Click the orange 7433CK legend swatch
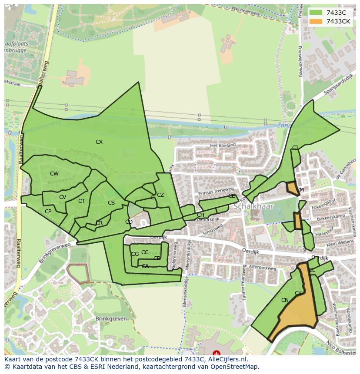(x=316, y=21)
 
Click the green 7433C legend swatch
(x=316, y=13)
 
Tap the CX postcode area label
(x=99, y=142)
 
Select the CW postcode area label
(x=54, y=174)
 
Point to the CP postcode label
(x=48, y=212)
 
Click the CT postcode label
(x=81, y=201)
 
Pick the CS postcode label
(x=111, y=203)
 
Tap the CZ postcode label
(x=160, y=195)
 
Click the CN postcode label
(x=285, y=300)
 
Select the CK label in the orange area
(x=298, y=293)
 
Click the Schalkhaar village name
(x=253, y=206)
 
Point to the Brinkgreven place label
(x=111, y=318)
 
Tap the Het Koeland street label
(x=223, y=146)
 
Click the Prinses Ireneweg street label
(x=216, y=192)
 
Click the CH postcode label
(x=200, y=215)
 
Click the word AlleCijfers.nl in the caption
(x=226, y=359)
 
